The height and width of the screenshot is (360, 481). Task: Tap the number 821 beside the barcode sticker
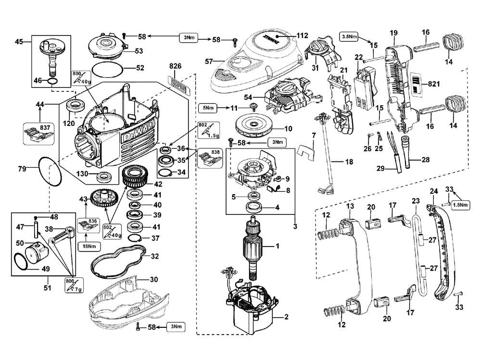coord(434,84)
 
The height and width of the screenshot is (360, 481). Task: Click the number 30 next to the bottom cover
coord(153,280)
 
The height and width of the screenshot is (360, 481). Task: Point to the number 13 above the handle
coord(349,206)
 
